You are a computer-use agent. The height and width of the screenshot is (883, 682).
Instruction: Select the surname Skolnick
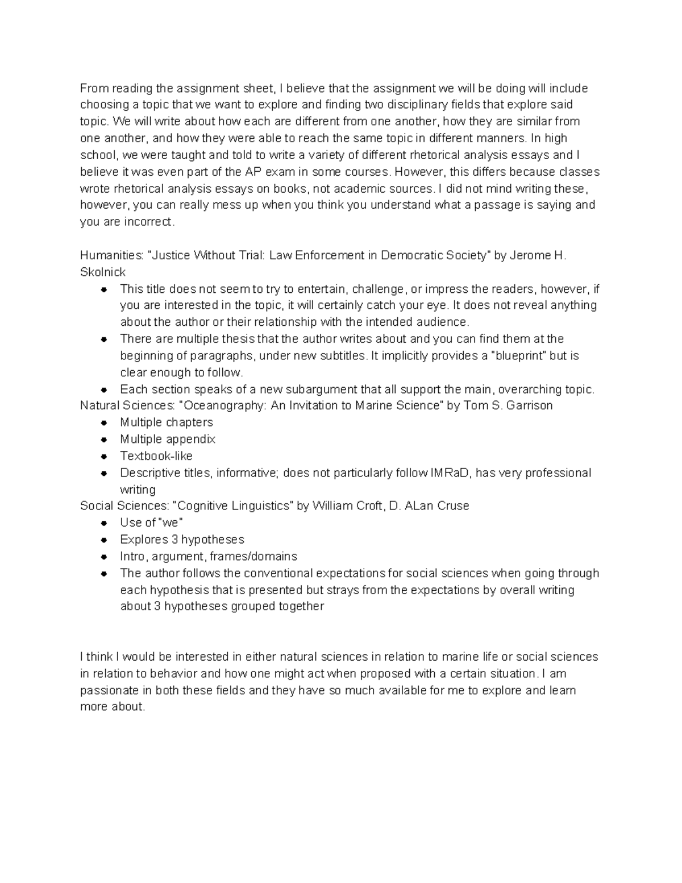(103, 272)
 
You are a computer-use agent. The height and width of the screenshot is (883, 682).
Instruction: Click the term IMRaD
(451, 473)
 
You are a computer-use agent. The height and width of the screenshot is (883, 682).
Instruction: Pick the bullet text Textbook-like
(156, 456)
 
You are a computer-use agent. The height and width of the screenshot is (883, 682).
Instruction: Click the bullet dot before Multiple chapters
(104, 422)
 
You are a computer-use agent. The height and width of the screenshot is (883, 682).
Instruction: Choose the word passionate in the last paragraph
(108, 691)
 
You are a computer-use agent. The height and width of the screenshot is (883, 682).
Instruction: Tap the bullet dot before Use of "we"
(104, 523)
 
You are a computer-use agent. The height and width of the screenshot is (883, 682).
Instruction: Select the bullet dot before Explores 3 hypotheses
(104, 540)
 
